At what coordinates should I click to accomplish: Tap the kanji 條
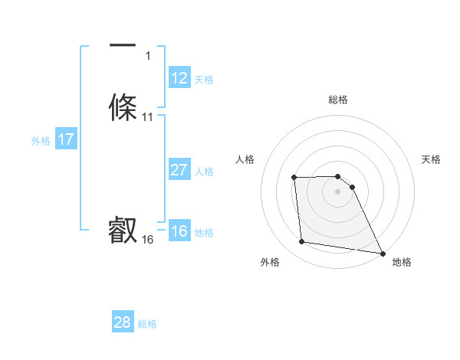coord(123,107)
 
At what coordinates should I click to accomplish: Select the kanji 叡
coord(123,230)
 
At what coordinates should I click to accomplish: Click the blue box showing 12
coord(179,78)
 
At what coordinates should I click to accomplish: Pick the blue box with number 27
coord(179,170)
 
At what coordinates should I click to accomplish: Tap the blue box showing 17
coord(66,139)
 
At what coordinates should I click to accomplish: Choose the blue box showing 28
coord(123,322)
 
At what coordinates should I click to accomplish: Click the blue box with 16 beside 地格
coord(179,231)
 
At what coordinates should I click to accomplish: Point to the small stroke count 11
coord(148,117)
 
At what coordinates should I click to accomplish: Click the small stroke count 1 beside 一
coord(148,55)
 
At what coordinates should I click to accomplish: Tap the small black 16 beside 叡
coord(148,240)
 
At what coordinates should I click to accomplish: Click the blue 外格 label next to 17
coord(41,141)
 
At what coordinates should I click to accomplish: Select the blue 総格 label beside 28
coord(147,324)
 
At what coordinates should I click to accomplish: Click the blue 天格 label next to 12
coord(204,80)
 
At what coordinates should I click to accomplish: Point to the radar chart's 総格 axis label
coord(338,100)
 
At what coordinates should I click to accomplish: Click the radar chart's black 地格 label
coord(402,262)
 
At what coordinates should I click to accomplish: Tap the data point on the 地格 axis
coord(382,254)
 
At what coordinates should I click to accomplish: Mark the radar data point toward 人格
coord(294,178)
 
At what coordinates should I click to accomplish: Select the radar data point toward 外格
coord(302,242)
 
